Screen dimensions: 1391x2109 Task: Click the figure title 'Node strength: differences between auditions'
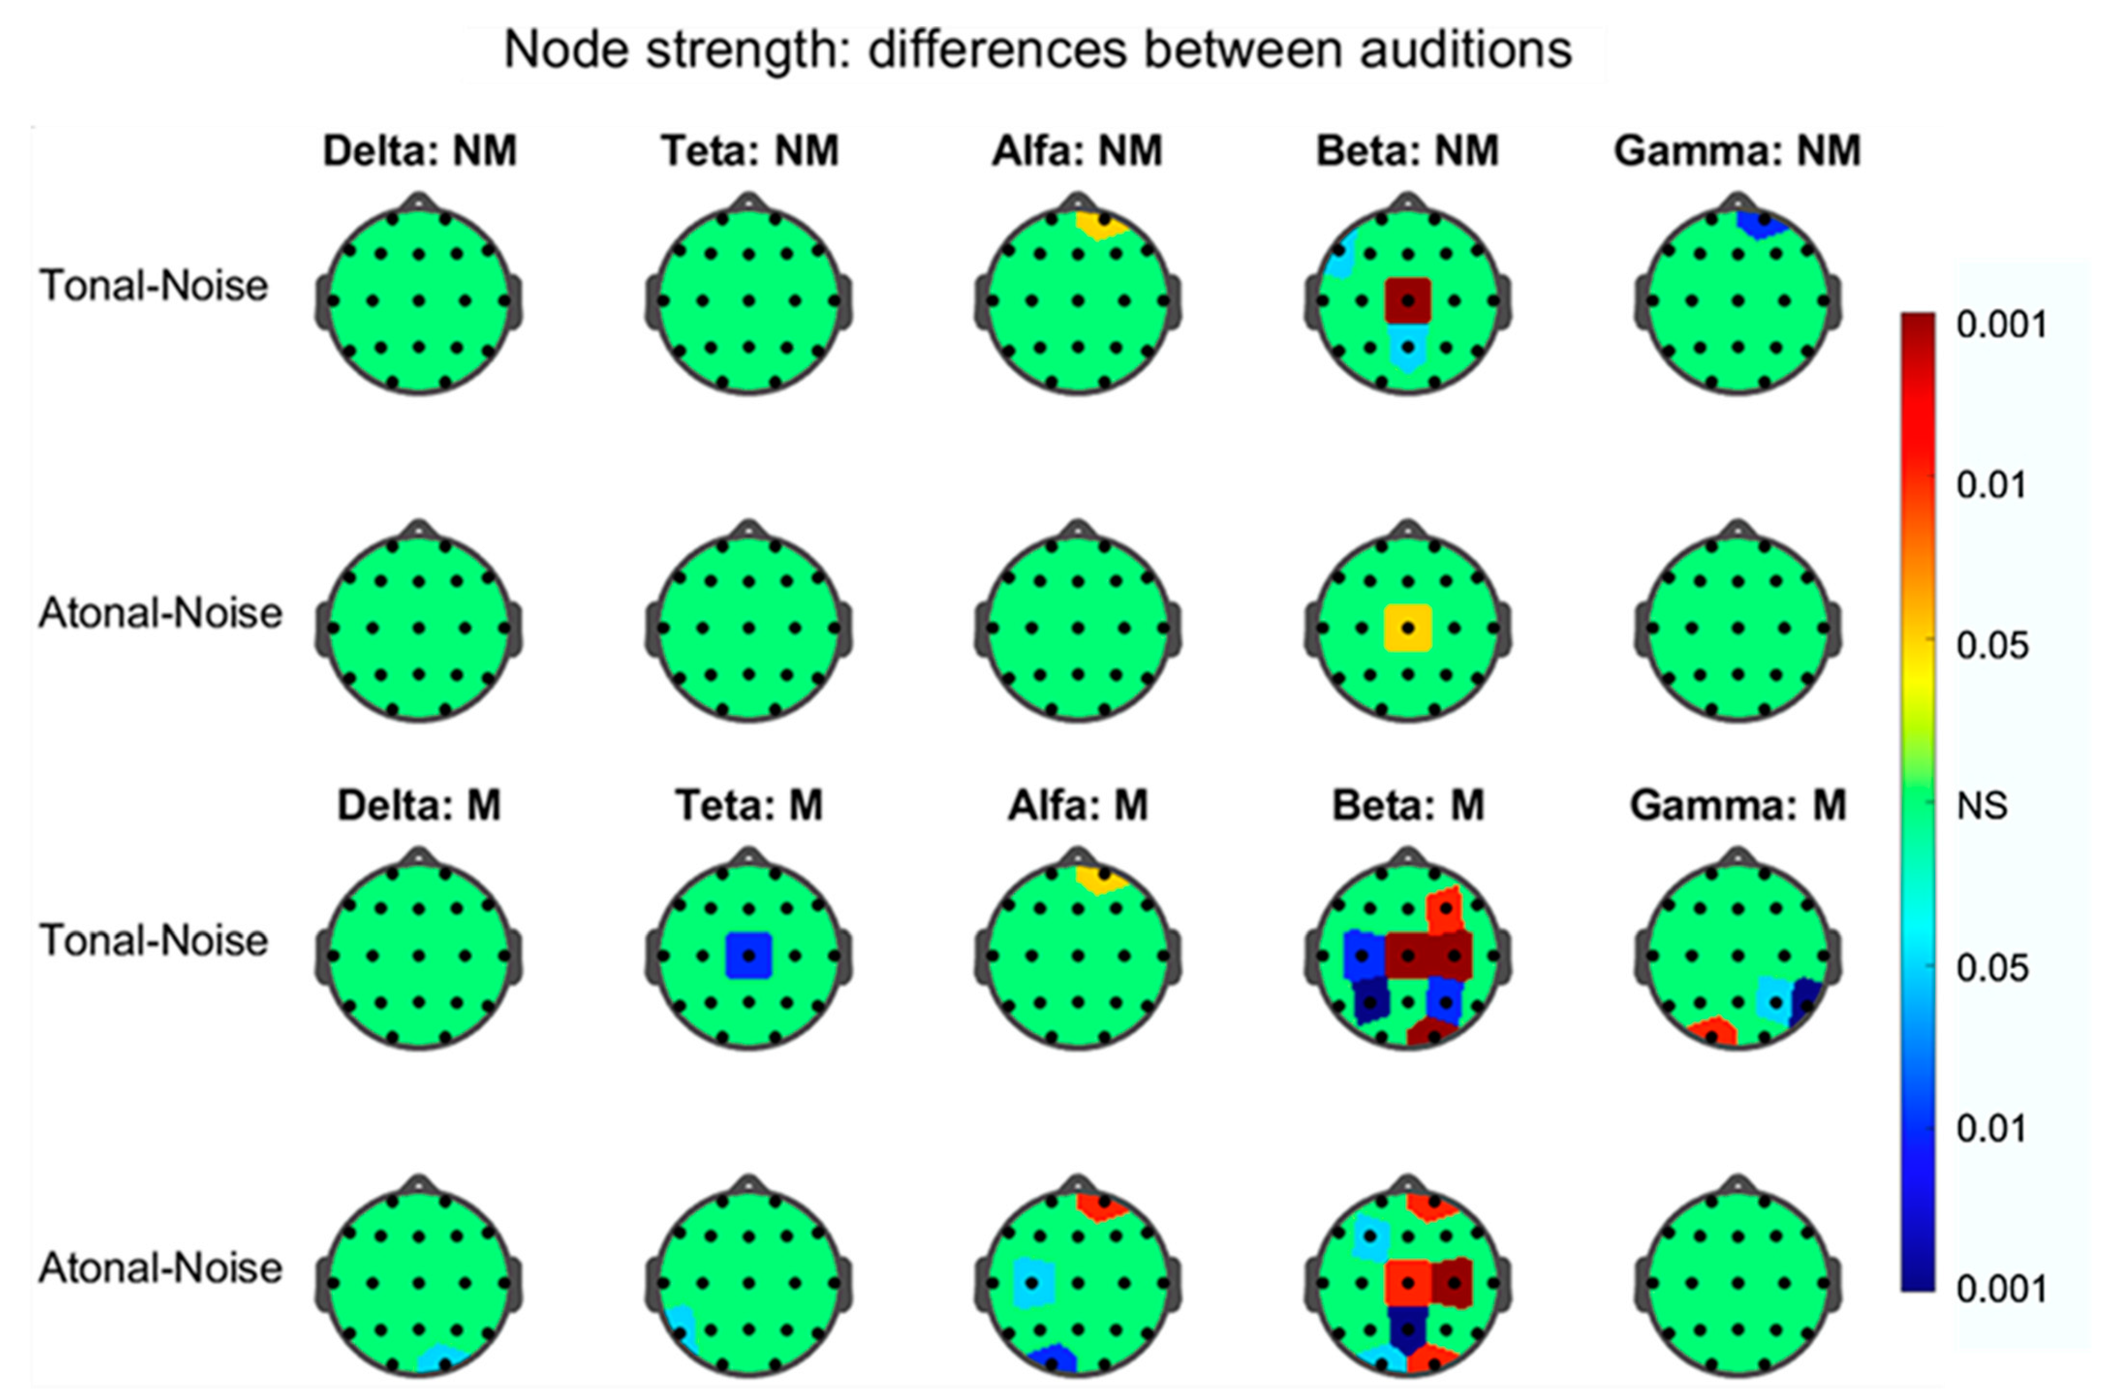[x=1036, y=50]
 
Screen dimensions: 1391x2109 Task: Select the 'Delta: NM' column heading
[x=419, y=151]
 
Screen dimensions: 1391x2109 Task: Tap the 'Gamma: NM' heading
[x=1737, y=151]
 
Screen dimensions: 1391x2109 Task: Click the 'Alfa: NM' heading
[x=1077, y=151]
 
